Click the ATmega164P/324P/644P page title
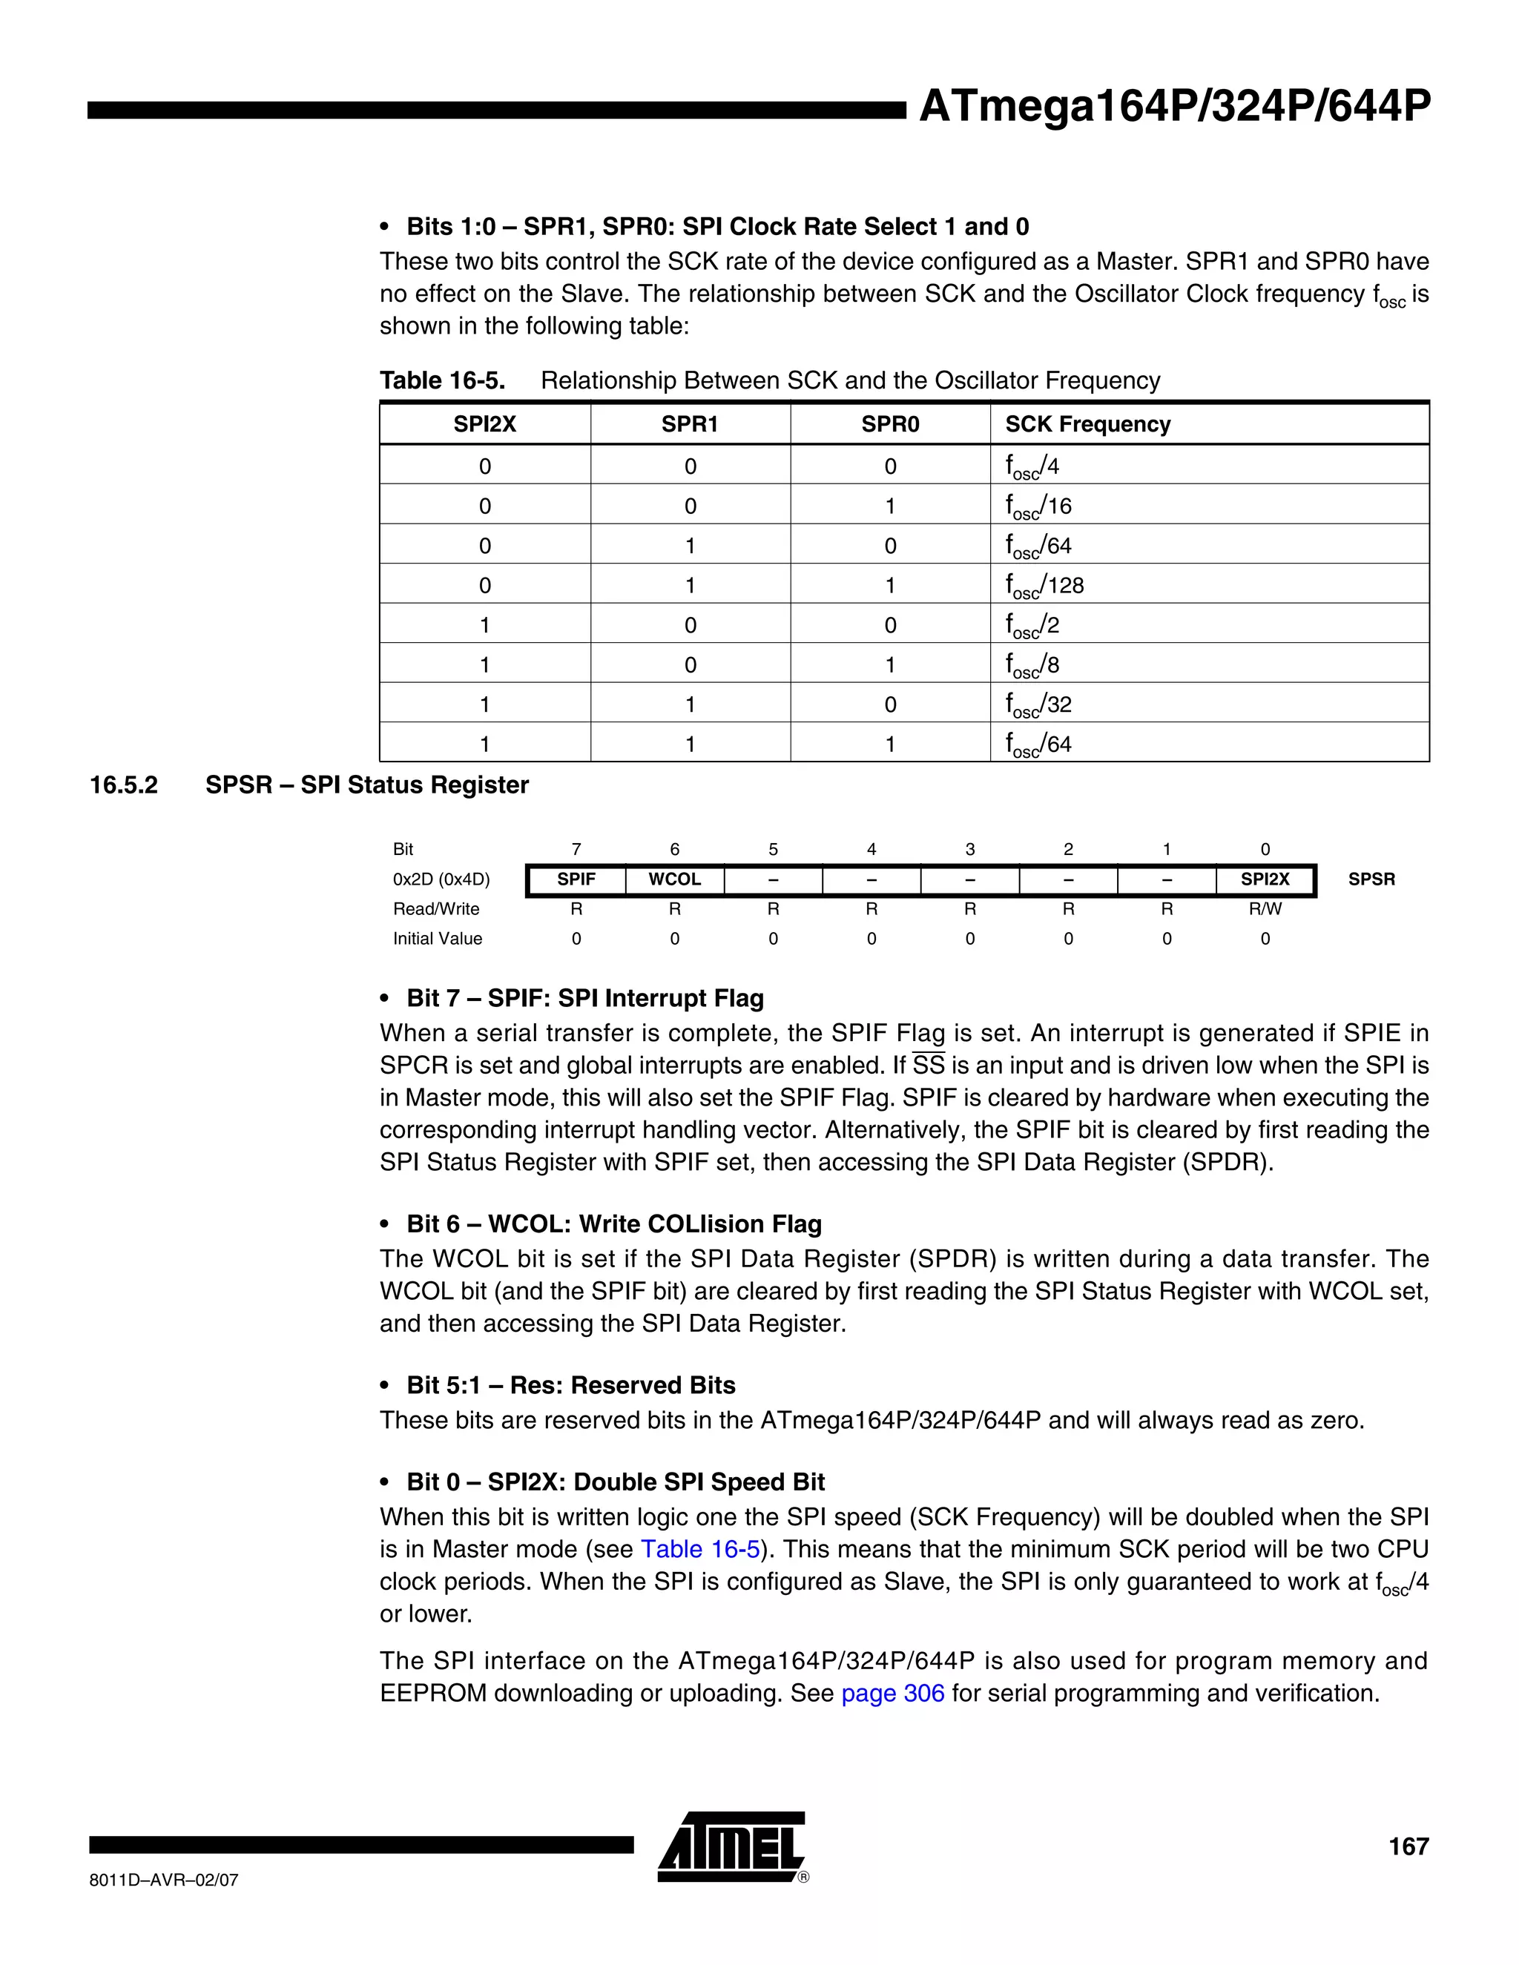point(1173,107)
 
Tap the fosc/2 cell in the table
point(1032,625)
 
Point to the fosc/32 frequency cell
point(1038,704)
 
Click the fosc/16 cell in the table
point(1038,506)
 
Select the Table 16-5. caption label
point(442,380)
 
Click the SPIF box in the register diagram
point(576,879)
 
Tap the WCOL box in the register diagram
point(674,879)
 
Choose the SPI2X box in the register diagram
point(1265,879)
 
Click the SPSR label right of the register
point(1371,879)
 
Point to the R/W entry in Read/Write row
point(1265,909)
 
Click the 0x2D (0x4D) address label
point(441,879)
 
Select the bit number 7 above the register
point(576,849)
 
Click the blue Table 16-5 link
point(700,1549)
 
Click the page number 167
point(1408,1846)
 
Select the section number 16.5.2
point(124,785)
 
